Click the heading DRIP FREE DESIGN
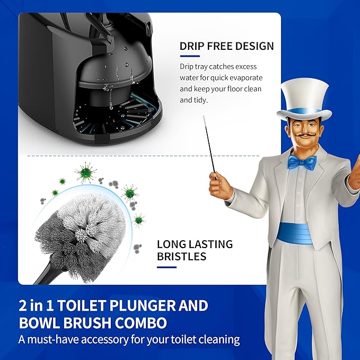[226, 46]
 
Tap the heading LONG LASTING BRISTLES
[195, 250]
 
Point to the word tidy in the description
[201, 100]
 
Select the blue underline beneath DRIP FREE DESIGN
[190, 56]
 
